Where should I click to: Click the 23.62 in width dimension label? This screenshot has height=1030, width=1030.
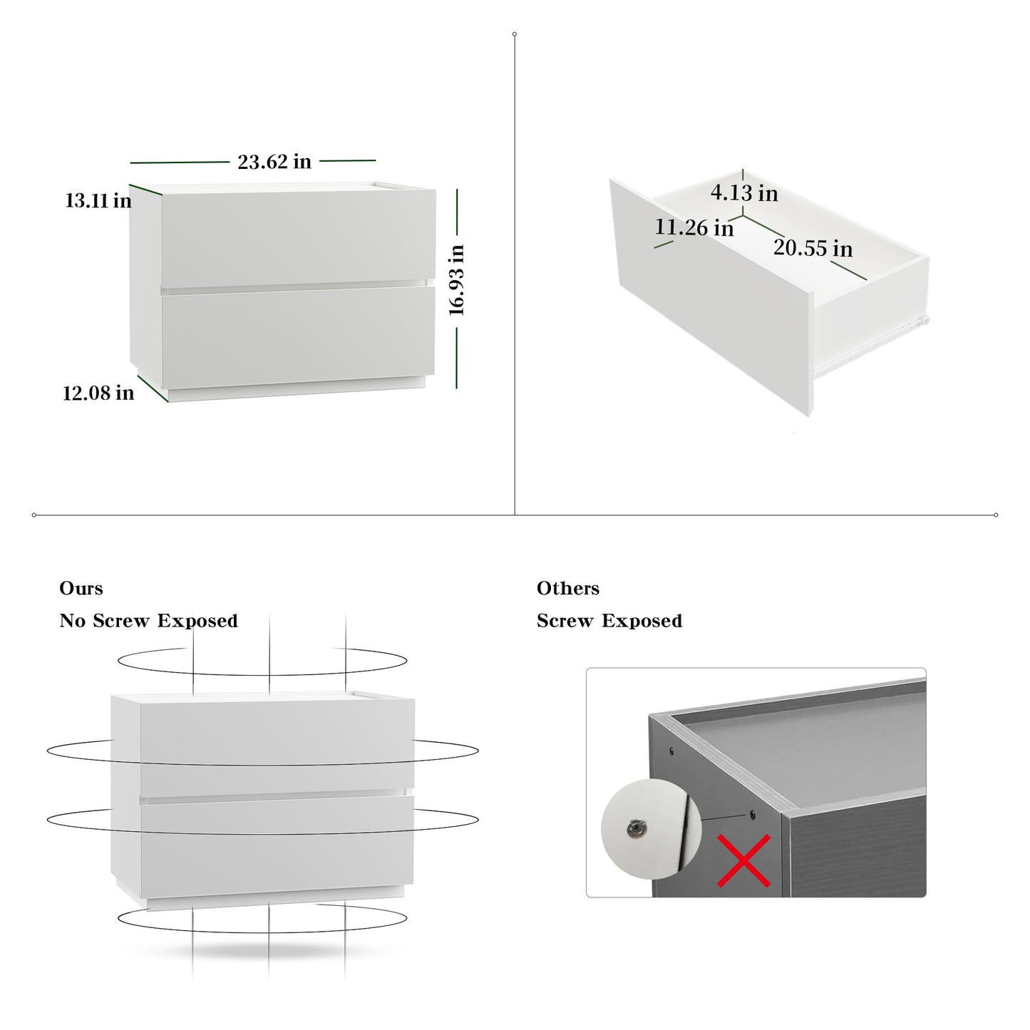click(274, 161)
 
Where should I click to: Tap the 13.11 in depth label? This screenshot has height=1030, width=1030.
click(98, 201)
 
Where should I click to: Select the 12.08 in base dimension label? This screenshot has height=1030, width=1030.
click(98, 393)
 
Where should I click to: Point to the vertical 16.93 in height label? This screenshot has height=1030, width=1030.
click(456, 280)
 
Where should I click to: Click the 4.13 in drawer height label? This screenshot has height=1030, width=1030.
click(744, 192)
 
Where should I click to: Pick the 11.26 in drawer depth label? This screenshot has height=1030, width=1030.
click(694, 227)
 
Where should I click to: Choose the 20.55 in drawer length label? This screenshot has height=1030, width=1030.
click(813, 248)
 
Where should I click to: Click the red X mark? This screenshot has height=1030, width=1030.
click(743, 860)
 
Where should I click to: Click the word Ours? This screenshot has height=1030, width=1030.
click(81, 589)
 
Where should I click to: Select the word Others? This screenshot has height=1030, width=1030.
click(568, 589)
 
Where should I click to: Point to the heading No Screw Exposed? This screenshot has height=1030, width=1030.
click(148, 621)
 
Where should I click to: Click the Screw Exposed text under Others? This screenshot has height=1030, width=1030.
click(609, 621)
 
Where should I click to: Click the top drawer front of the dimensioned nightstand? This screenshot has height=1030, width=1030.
click(298, 238)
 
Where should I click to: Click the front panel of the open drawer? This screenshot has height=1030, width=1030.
click(713, 296)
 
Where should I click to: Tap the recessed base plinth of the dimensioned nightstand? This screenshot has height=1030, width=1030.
click(297, 390)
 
